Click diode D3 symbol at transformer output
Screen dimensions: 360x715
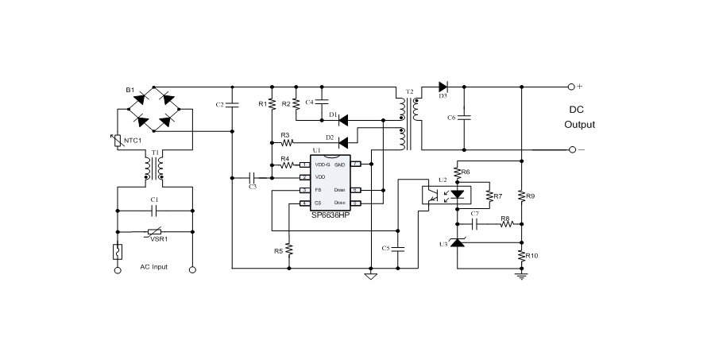pos(444,86)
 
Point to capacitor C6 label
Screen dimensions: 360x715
pos(450,118)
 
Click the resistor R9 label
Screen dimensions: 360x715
pos(531,195)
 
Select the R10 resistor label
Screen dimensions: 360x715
pos(532,256)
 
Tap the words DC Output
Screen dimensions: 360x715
pos(579,118)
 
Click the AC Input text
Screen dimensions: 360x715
pos(154,267)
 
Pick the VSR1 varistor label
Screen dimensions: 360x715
pos(160,238)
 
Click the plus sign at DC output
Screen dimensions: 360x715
pos(579,86)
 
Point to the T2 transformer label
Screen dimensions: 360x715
pos(410,93)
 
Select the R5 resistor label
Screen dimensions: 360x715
pos(278,251)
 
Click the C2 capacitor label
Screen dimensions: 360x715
pos(219,105)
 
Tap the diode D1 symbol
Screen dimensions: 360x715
pos(344,121)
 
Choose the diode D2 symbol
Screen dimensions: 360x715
pos(344,143)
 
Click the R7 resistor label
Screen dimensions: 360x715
pos(498,196)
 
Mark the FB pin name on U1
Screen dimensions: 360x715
pos(319,191)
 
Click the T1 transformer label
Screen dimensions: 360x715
pos(155,151)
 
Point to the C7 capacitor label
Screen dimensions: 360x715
pos(474,214)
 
